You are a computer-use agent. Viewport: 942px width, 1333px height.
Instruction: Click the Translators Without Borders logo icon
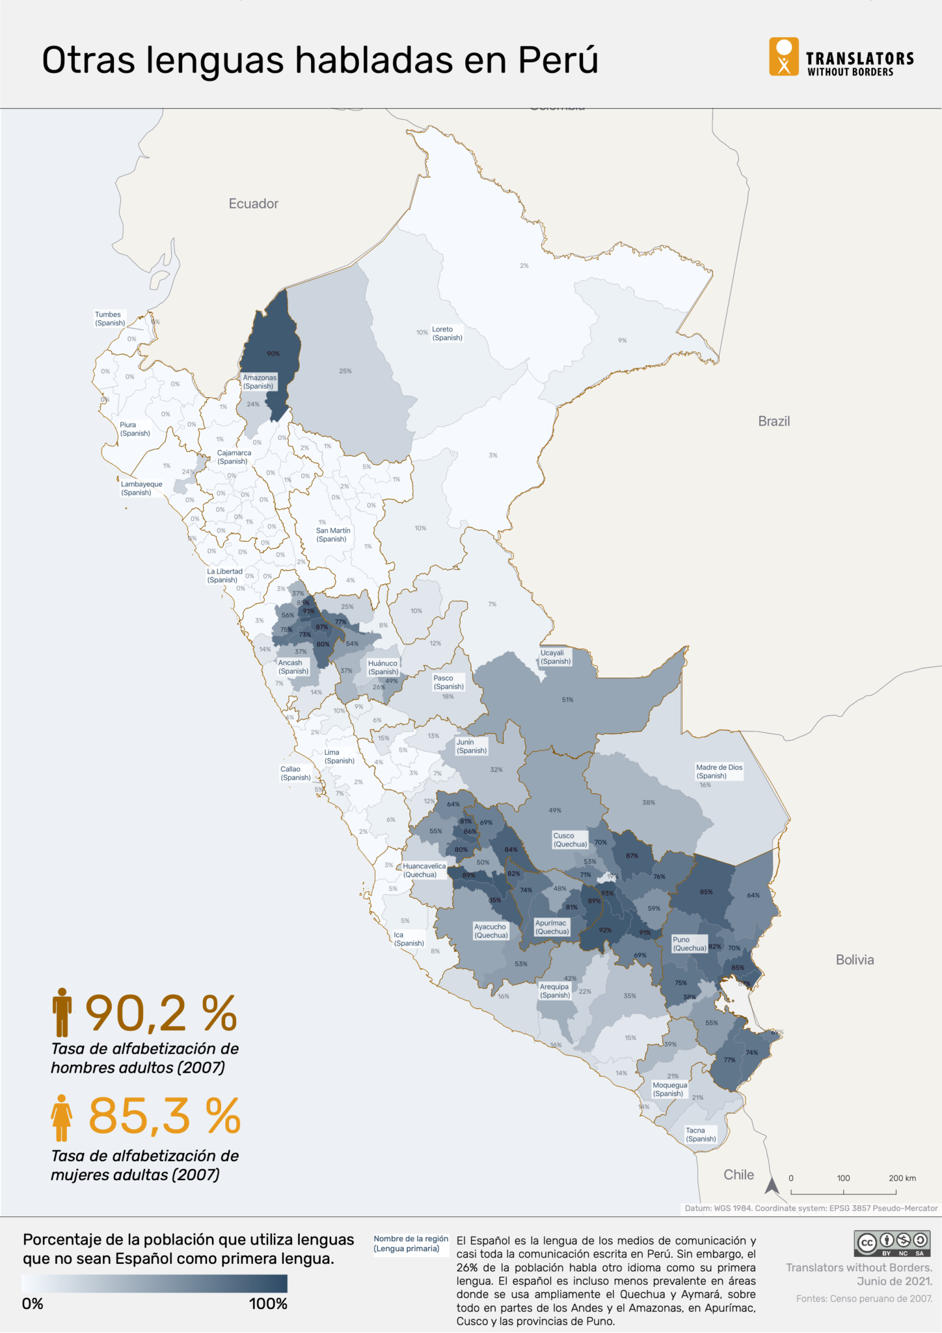tap(783, 57)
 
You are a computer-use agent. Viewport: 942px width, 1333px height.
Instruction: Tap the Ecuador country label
tap(253, 204)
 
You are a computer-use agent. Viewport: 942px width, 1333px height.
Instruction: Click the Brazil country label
tap(774, 421)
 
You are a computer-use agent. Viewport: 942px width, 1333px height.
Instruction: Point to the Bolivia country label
tap(854, 959)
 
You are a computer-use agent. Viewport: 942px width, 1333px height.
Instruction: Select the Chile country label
tap(738, 1174)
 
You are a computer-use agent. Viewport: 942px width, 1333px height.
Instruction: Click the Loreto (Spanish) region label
tap(447, 333)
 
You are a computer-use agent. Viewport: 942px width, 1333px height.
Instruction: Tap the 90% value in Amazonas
tap(273, 353)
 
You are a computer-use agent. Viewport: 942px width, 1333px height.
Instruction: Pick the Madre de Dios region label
tap(719, 771)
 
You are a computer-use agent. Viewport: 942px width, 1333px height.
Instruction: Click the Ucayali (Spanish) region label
tap(555, 657)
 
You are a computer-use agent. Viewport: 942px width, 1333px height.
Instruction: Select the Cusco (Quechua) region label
tap(569, 840)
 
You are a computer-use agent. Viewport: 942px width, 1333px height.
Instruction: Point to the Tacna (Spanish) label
tap(700, 1134)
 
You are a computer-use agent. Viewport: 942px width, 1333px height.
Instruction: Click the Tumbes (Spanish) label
tap(109, 318)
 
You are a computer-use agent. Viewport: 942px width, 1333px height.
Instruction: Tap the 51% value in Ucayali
tap(567, 700)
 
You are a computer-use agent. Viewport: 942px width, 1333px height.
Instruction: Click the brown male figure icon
tap(62, 1012)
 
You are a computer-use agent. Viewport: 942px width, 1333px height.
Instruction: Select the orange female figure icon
tap(62, 1118)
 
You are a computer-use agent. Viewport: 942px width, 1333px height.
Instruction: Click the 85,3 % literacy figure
tap(164, 1116)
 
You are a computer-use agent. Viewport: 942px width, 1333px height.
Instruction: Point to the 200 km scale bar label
tap(902, 1178)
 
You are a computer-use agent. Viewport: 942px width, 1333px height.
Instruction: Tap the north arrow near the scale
tap(772, 1185)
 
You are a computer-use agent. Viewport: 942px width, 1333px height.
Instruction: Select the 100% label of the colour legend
tap(267, 1304)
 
